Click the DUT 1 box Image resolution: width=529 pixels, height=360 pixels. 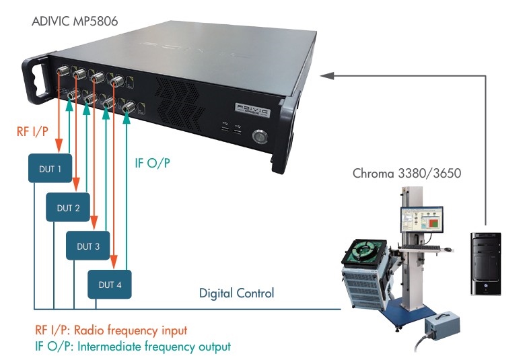[x=48, y=168]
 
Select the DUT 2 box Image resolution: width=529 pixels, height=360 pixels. [x=69, y=207]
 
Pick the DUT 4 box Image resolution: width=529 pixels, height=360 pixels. [x=110, y=285]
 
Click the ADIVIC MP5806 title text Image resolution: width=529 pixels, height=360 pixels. [x=75, y=21]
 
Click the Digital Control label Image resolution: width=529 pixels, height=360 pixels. [x=236, y=293]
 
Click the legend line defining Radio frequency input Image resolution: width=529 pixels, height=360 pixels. [x=110, y=330]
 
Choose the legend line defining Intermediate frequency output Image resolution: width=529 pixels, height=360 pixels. [x=132, y=347]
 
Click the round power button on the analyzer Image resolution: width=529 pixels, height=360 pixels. [x=258, y=137]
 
